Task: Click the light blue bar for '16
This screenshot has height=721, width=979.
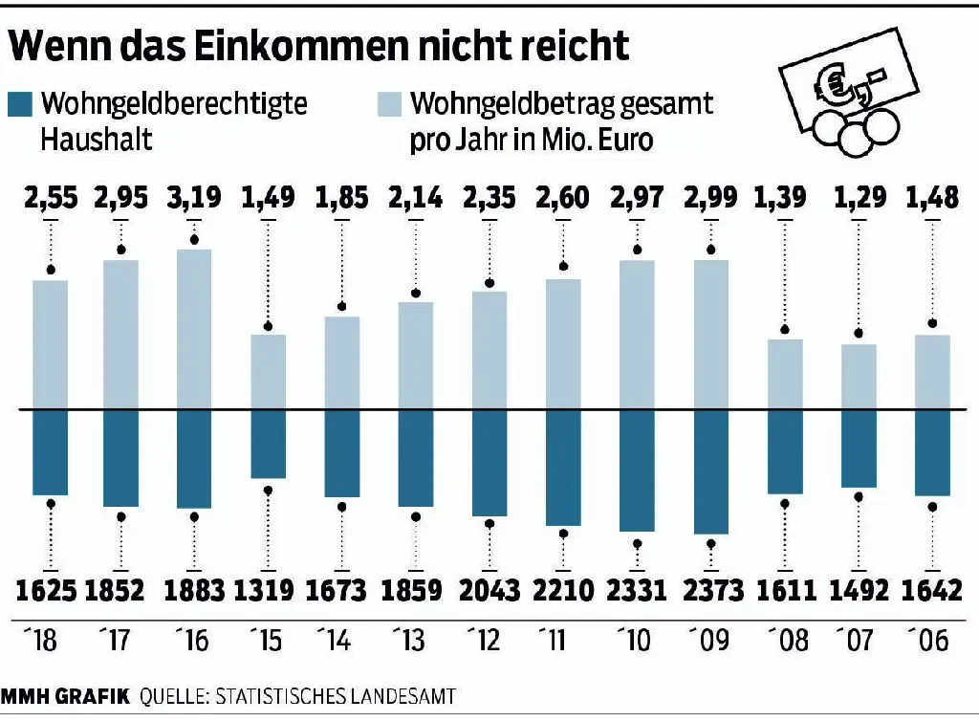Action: coord(194,329)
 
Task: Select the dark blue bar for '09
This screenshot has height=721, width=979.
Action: coord(710,471)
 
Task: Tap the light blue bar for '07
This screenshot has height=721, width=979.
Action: coord(859,377)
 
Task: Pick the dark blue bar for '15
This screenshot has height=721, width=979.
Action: coord(268,444)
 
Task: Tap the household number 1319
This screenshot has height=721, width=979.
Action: coord(268,590)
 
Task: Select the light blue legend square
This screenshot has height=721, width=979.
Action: coord(389,104)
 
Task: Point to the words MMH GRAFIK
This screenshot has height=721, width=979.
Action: coord(64,695)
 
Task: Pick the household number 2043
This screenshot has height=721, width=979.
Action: coord(489,590)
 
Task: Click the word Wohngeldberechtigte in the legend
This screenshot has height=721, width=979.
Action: coord(176,103)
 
